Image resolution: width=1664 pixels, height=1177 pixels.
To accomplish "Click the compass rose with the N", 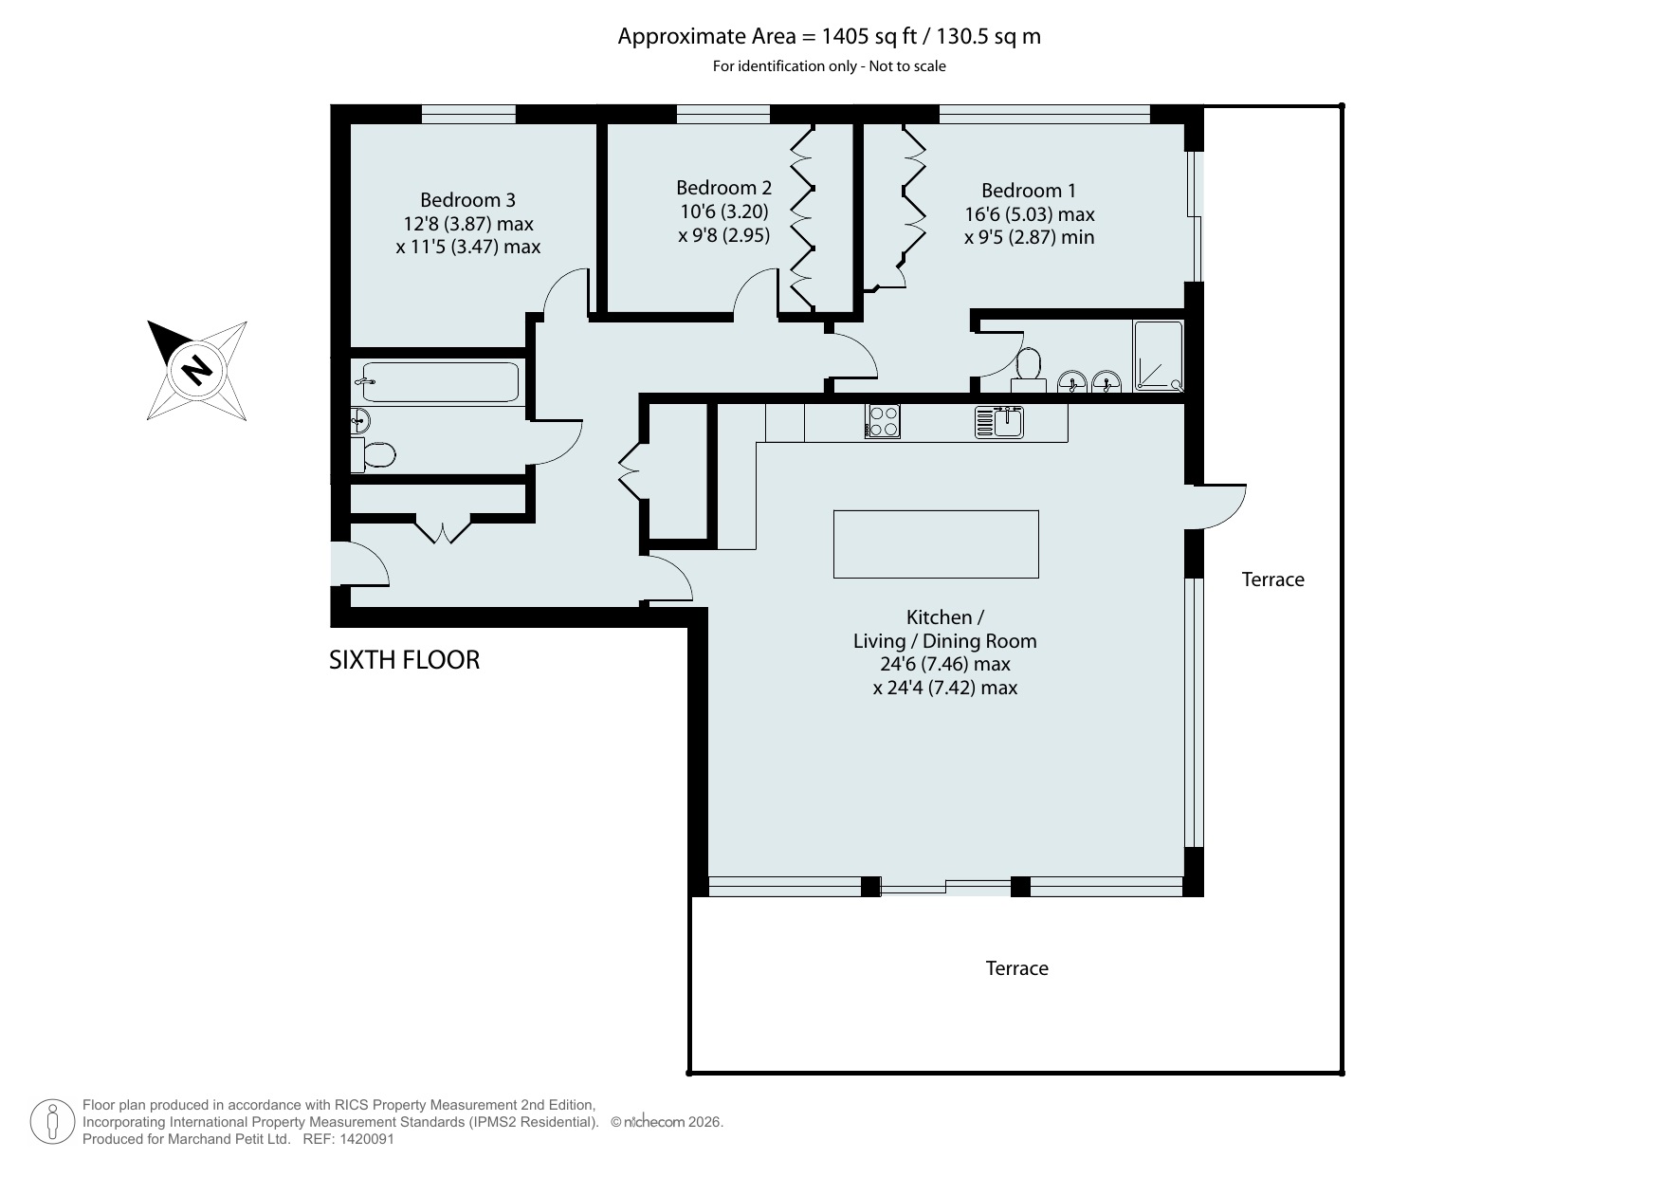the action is [197, 369].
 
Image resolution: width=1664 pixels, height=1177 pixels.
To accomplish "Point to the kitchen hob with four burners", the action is [883, 421].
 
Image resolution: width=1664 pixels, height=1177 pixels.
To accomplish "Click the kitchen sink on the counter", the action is [999, 421].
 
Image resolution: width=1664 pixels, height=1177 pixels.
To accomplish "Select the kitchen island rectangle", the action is [936, 543].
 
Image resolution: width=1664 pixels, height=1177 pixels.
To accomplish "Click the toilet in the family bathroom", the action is [373, 455].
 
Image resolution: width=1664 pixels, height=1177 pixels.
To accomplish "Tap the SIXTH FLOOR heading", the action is [404, 660].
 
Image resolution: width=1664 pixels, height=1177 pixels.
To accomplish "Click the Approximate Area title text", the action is [830, 36].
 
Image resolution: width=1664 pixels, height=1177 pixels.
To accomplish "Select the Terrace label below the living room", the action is [1017, 968].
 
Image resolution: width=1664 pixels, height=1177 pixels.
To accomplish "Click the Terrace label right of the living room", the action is [1273, 579].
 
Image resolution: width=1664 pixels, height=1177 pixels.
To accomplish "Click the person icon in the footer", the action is [52, 1123].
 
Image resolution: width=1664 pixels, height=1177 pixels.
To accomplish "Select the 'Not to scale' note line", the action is [830, 66].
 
